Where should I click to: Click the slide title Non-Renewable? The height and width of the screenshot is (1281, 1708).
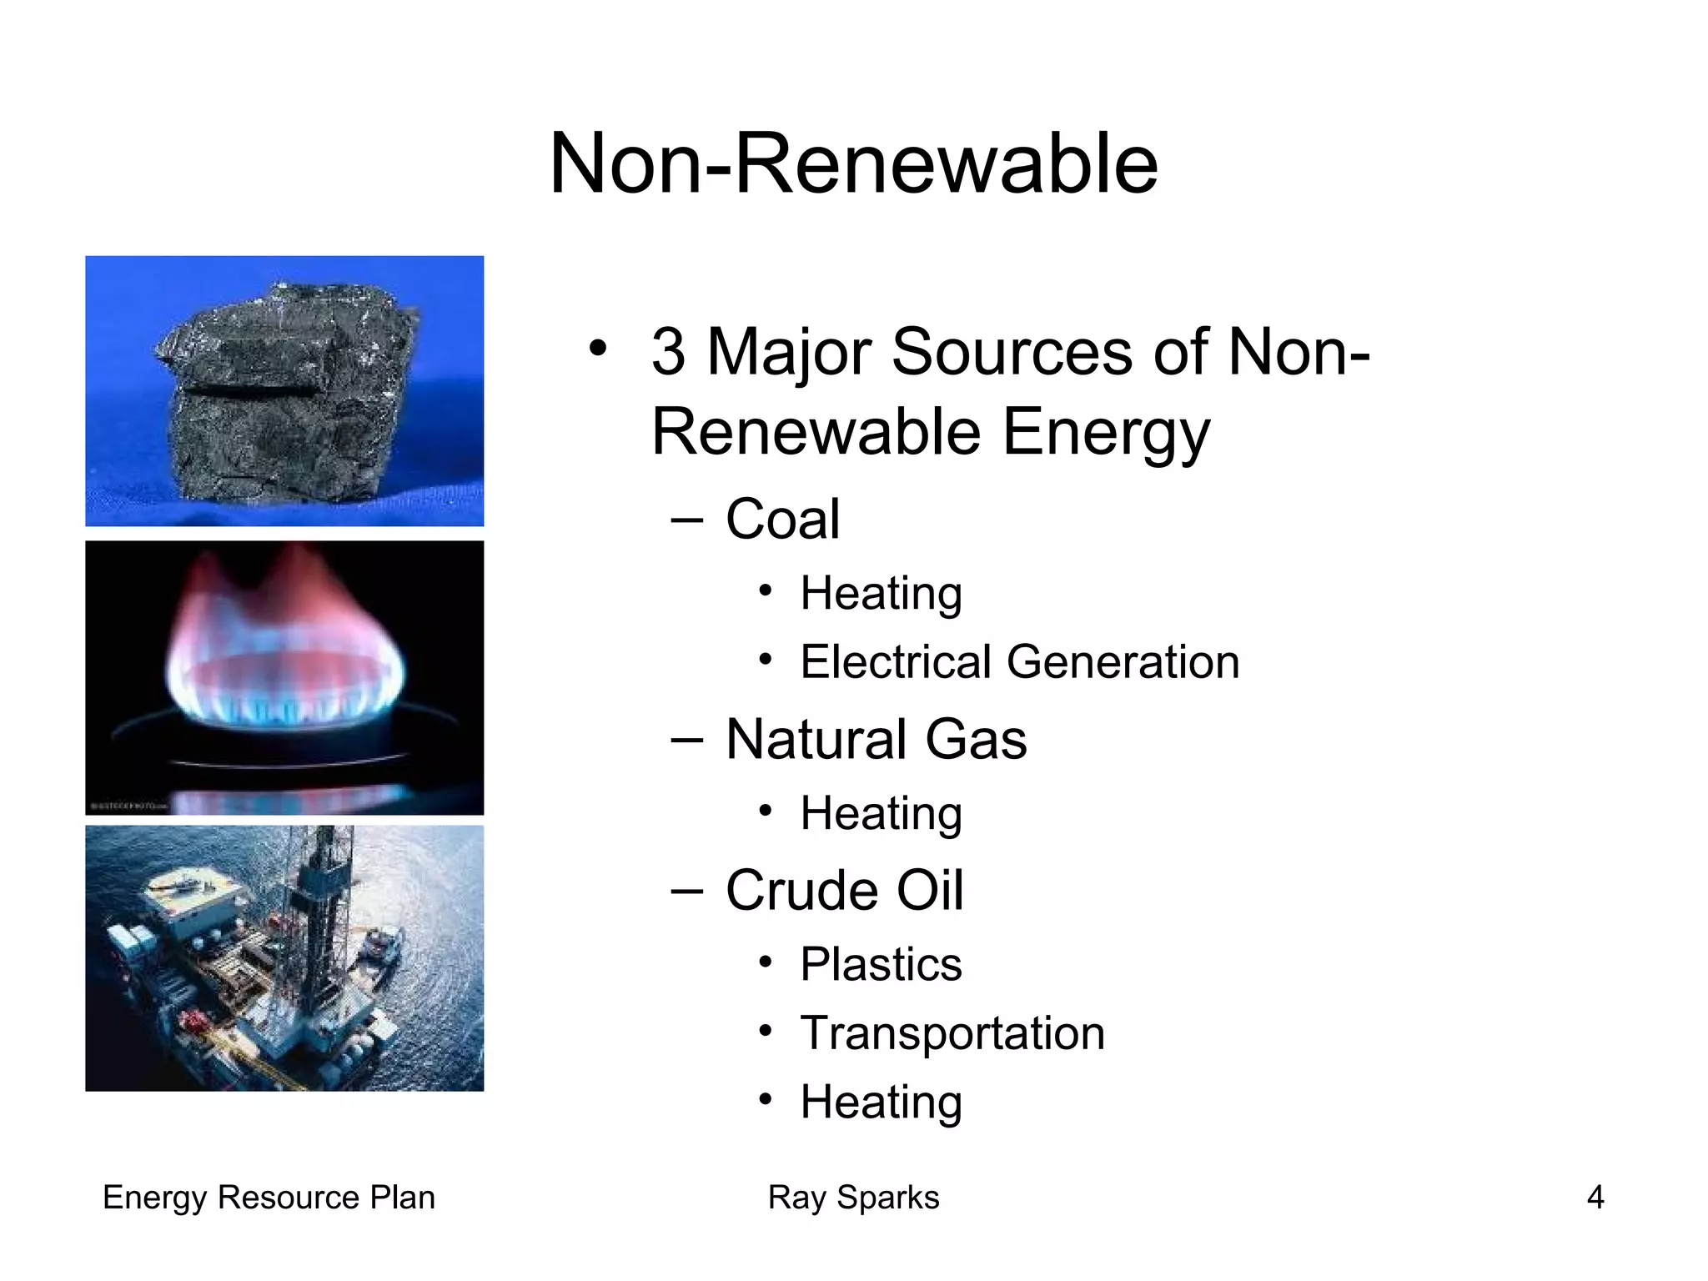[x=853, y=164]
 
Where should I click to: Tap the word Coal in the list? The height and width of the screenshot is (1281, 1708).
[x=782, y=519]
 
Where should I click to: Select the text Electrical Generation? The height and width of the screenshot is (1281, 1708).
[x=1019, y=662]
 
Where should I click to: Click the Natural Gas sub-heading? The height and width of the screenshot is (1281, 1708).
[x=876, y=740]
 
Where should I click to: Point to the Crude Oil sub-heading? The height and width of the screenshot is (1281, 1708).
[x=844, y=891]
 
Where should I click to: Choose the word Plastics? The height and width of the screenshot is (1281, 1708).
[x=881, y=965]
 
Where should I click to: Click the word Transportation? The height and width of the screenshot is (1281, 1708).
[x=952, y=1033]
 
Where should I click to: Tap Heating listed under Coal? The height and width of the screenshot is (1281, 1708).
[x=881, y=594]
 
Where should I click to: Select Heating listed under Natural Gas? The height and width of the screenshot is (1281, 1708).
[x=881, y=814]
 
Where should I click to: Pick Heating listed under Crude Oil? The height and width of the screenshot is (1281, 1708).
[x=881, y=1103]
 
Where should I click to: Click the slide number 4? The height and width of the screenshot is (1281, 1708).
[x=1595, y=1198]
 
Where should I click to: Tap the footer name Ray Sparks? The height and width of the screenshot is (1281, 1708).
[x=853, y=1198]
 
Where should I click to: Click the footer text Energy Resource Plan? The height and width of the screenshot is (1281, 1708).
[x=269, y=1198]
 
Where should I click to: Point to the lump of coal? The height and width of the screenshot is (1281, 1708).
[x=284, y=392]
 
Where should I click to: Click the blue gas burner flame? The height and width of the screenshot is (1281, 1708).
[x=284, y=667]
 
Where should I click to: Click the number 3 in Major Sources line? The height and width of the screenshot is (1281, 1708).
[x=669, y=352]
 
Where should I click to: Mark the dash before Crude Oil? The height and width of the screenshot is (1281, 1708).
[x=686, y=891]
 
